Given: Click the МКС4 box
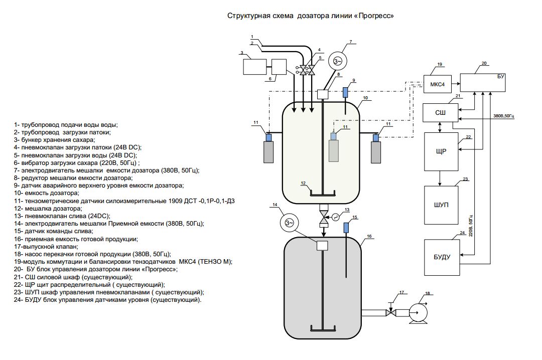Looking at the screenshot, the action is coord(437,84).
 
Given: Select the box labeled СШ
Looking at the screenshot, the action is coord(441,113).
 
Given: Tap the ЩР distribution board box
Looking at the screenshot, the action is coord(441,151).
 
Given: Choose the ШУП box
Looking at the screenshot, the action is coord(441,205).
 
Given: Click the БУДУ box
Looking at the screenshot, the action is coord(442,257).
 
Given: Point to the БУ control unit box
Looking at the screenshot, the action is coord(483,83).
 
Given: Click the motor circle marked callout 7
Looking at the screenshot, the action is coord(337,62).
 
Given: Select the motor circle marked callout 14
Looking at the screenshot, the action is coord(289,223).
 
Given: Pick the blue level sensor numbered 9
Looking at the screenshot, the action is coord(345,93).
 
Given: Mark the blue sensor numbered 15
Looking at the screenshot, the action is coord(346,228).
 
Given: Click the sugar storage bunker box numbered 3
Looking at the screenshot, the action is coord(255,67).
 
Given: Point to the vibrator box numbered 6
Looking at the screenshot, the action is coord(279,67).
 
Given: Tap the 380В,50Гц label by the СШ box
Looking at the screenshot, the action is coord(504,116).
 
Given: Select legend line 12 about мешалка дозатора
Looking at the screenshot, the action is coord(48,209).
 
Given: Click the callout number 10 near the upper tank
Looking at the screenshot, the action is coord(365,98).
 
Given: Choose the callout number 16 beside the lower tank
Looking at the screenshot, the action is coord(369,236).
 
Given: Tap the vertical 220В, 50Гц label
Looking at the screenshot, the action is coord(471,226).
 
